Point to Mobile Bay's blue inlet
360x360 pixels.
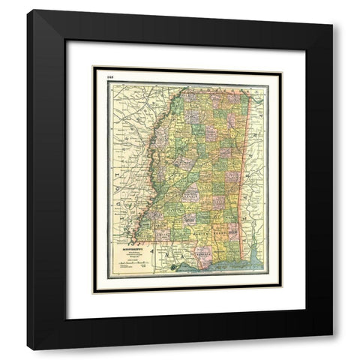(x=255, y=255)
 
